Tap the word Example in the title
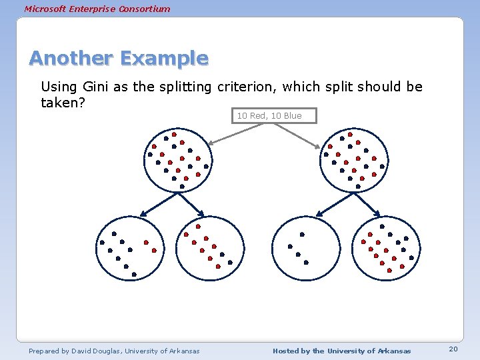(164, 59)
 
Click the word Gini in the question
(98, 87)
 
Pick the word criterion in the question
(241, 87)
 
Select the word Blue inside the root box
(292, 116)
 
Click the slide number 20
(453, 350)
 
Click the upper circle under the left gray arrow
(178, 159)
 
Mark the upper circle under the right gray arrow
(353, 159)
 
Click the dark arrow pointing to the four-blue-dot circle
(330, 205)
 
